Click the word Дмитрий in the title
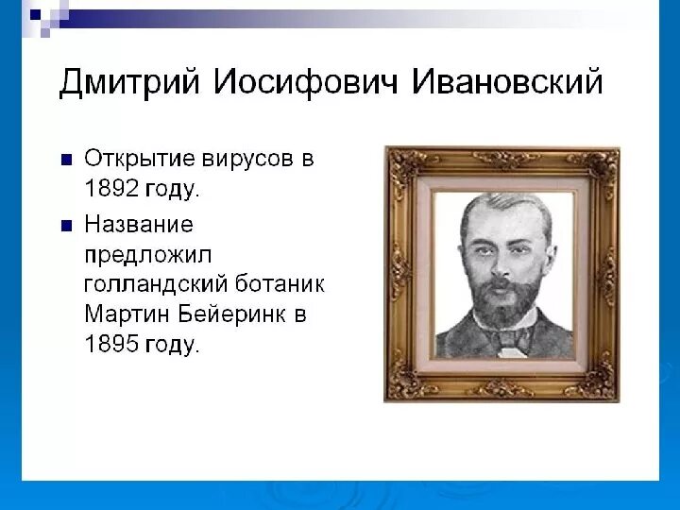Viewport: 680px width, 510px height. tap(129, 82)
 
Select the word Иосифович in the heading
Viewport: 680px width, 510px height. tap(306, 81)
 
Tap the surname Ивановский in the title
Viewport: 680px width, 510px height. tap(507, 81)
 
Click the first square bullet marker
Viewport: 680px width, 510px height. tap(67, 160)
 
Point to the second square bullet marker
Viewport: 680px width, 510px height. tap(67, 226)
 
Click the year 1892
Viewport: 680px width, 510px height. tap(111, 188)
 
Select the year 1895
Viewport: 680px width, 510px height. tap(111, 344)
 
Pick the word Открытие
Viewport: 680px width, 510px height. tap(139, 160)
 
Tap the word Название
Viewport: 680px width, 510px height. tap(139, 225)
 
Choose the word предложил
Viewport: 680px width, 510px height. tap(148, 255)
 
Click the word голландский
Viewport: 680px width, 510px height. tap(156, 285)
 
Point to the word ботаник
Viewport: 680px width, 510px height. tap(280, 284)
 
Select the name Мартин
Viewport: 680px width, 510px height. tap(127, 314)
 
